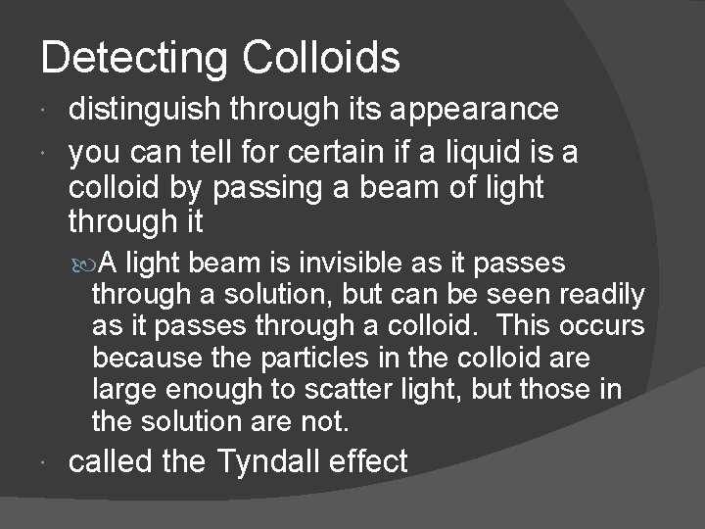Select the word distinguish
(x=147, y=110)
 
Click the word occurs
(x=598, y=325)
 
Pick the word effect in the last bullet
(x=372, y=461)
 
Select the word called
(x=109, y=461)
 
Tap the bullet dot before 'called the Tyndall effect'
(x=50, y=463)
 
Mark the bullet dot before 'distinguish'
(x=50, y=112)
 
